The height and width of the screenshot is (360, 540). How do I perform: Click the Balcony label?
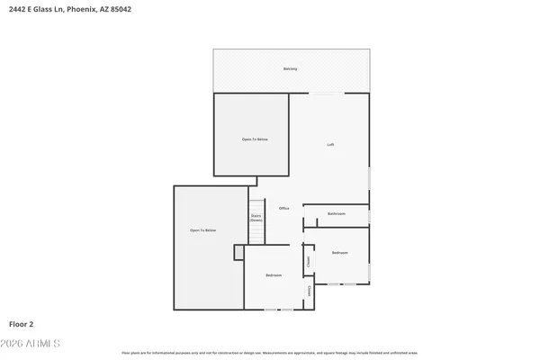[290, 68]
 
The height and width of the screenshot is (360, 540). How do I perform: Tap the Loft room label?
[330, 144]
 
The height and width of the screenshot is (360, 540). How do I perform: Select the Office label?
[283, 208]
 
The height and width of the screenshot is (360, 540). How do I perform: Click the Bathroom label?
[337, 213]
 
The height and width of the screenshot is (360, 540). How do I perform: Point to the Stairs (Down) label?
[256, 218]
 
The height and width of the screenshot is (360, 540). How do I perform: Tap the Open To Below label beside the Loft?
[254, 139]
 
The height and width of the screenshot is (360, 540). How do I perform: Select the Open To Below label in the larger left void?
[202, 230]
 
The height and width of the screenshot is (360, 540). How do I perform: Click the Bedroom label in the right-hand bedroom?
[339, 253]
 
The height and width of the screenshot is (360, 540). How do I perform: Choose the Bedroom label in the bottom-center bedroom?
[274, 274]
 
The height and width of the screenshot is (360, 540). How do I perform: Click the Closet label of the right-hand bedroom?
[308, 262]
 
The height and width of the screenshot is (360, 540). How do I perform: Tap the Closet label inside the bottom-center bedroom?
[310, 291]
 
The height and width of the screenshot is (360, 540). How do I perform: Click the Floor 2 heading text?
[22, 323]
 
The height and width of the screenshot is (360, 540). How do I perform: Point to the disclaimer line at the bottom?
[270, 354]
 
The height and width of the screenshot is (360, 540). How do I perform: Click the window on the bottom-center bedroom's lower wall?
[278, 310]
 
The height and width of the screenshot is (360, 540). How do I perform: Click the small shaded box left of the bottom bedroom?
[239, 253]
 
